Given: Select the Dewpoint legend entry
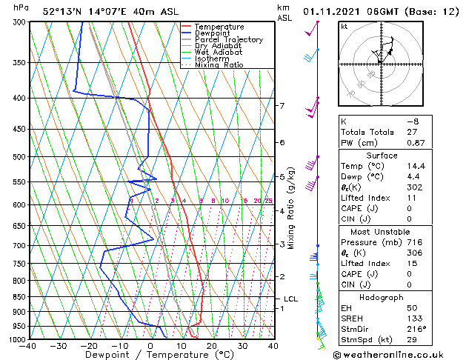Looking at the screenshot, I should tap(215, 33).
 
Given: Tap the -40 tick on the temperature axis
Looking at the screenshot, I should tap(28, 346).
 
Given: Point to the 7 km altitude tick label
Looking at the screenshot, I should tap(282, 106).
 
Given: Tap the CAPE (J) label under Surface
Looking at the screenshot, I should tap(361, 209).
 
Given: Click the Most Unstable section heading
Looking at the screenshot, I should tap(382, 231).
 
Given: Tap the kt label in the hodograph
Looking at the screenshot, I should tap(344, 26).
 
